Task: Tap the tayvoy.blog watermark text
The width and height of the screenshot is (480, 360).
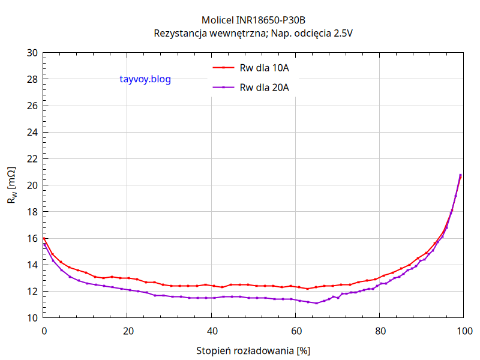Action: (x=145, y=79)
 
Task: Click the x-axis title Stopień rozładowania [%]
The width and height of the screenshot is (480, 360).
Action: (x=253, y=350)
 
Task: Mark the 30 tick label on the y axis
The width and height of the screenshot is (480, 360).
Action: (x=32, y=53)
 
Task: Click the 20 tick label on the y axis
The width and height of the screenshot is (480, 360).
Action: (x=32, y=185)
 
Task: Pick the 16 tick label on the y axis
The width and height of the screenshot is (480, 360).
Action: (x=32, y=238)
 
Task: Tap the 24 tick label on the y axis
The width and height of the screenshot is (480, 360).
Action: (x=32, y=133)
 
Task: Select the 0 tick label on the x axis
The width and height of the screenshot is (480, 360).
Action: (x=44, y=331)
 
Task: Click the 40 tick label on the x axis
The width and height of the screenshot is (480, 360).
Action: (x=212, y=331)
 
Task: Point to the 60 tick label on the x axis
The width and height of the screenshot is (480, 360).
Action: (x=296, y=331)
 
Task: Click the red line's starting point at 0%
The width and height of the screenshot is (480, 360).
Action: (x=44, y=238)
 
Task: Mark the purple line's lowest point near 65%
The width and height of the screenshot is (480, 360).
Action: (x=316, y=303)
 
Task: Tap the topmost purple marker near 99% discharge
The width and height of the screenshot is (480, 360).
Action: (x=460, y=175)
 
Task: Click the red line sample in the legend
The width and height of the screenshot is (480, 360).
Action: (x=223, y=68)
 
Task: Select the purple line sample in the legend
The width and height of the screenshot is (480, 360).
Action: (x=223, y=88)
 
